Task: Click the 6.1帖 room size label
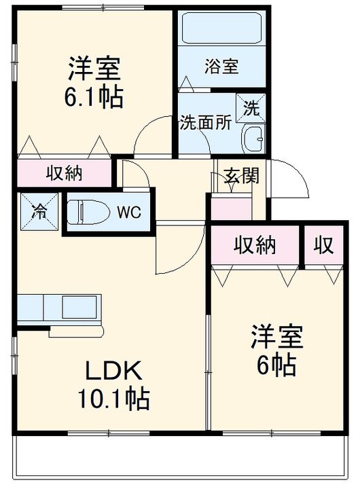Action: [94, 98]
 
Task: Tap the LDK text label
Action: [113, 370]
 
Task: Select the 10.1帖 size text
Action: [114, 398]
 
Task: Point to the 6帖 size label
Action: [276, 365]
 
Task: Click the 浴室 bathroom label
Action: [221, 66]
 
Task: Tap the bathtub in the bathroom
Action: [221, 28]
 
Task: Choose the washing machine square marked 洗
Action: [251, 108]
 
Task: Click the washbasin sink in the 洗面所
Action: [253, 139]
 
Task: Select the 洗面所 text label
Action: [206, 122]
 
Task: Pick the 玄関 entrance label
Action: [242, 175]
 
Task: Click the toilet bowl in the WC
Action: [88, 212]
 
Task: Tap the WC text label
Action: [129, 212]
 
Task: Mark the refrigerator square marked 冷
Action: [39, 212]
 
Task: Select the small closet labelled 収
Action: [324, 245]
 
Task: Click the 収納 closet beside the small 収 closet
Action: [255, 245]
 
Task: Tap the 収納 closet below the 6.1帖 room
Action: [65, 173]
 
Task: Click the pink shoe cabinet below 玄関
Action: [232, 206]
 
